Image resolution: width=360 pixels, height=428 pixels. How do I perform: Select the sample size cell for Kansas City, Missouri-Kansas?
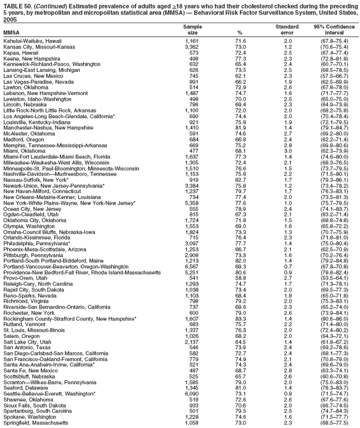[x=193, y=47]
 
